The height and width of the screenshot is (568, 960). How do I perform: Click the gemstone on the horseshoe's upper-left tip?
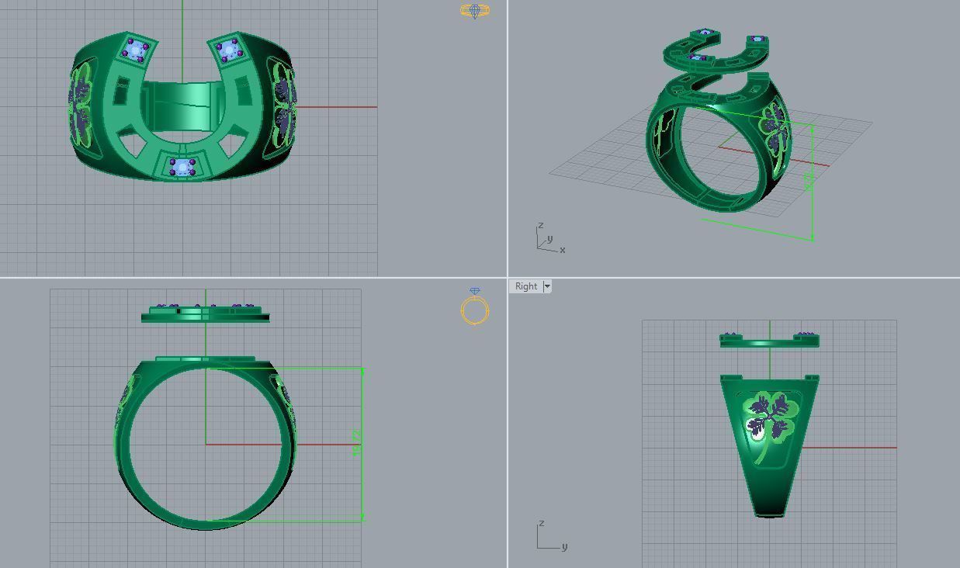(137, 51)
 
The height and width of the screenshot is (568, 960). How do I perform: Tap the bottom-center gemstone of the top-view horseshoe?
(182, 166)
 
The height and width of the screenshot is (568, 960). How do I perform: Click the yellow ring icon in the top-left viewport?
(474, 11)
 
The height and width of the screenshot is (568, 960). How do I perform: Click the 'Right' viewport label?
(525, 286)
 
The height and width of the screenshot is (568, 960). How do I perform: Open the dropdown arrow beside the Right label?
(547, 286)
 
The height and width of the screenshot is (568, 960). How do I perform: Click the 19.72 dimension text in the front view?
(357, 443)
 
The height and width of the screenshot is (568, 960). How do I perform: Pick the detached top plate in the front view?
(206, 314)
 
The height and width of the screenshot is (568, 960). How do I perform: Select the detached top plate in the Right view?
(768, 340)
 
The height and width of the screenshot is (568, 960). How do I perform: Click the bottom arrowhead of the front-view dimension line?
(362, 517)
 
